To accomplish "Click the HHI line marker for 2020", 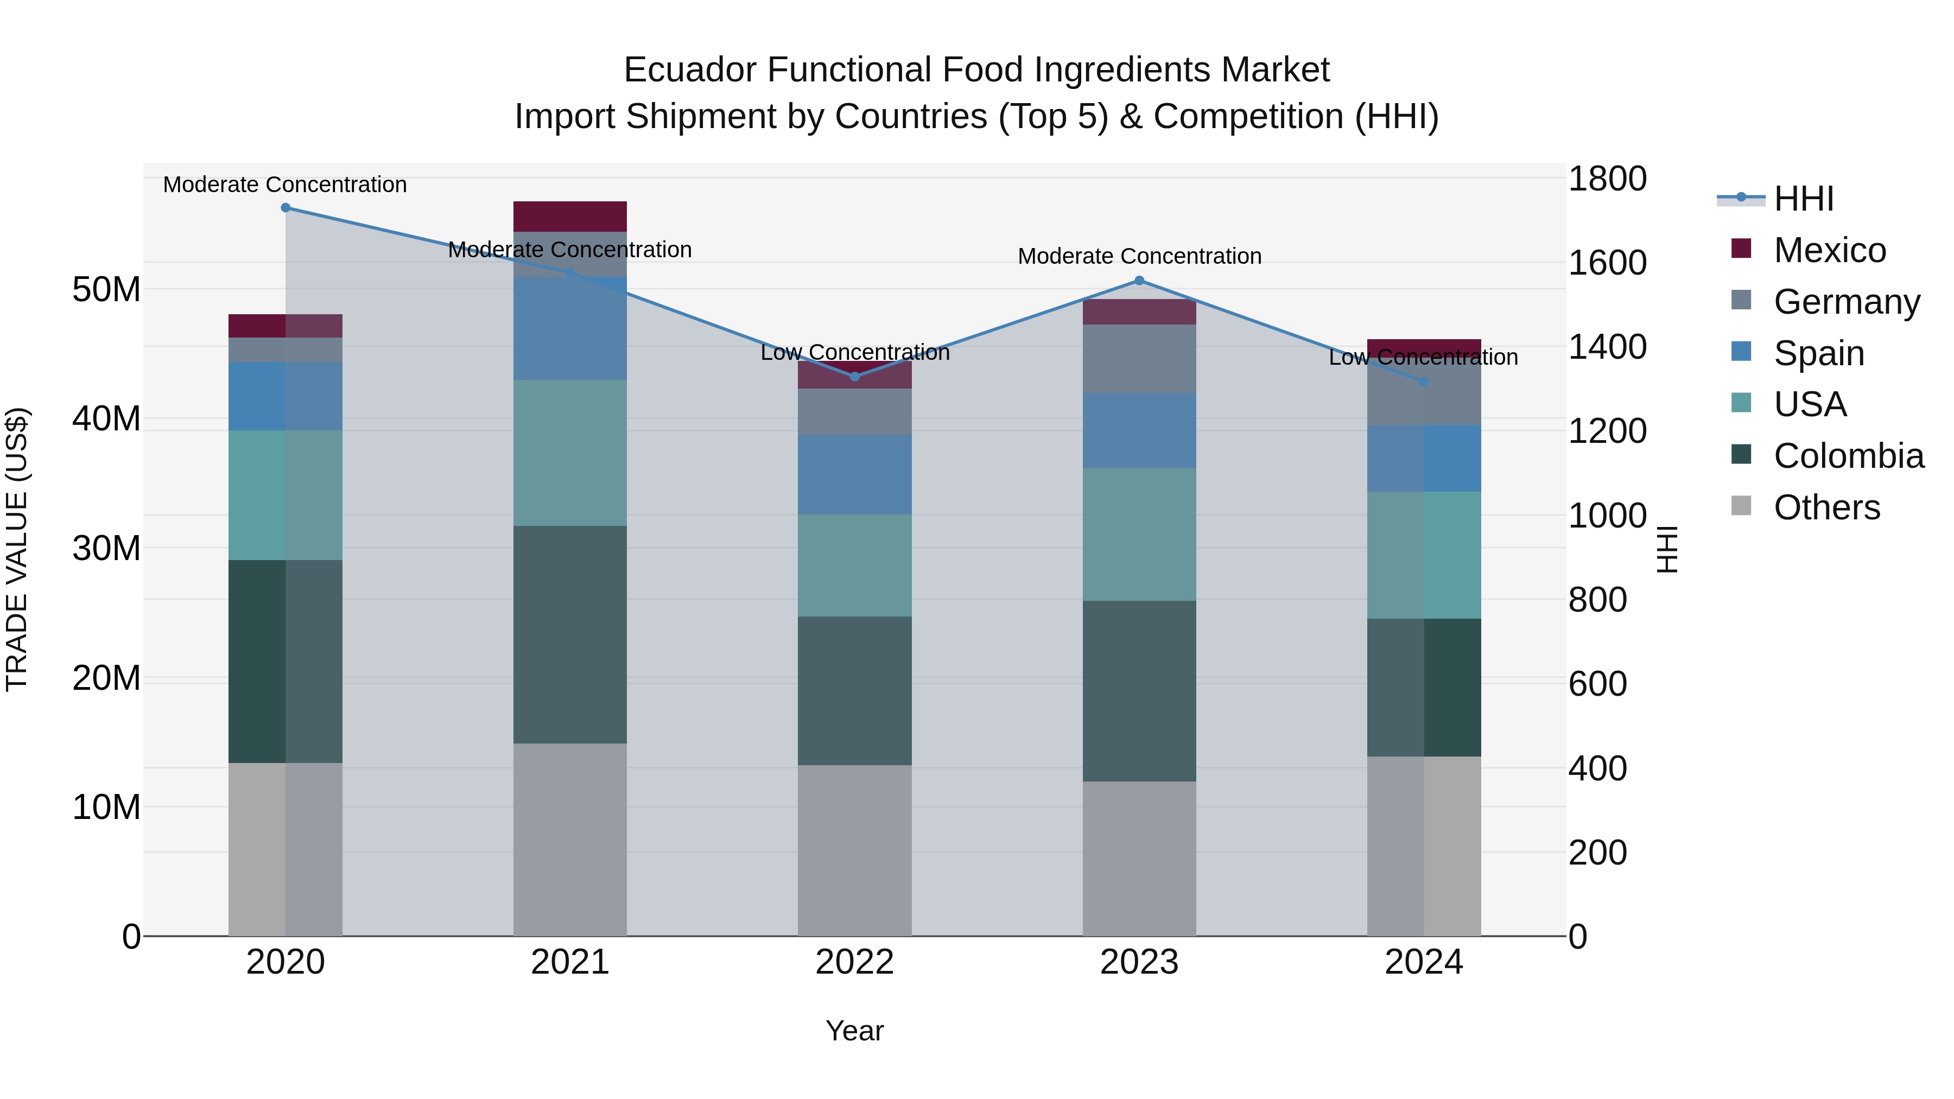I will point(285,208).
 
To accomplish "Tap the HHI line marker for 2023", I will point(1139,281).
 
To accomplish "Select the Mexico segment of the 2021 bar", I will point(570,216).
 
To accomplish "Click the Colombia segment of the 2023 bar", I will point(1139,690).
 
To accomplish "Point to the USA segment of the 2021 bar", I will point(570,453).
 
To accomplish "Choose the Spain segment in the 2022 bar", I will point(854,475).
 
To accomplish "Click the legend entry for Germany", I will point(1847,302).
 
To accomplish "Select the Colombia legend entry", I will point(1848,456).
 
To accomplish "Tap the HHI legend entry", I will point(1803,199).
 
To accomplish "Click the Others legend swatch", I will point(1742,506).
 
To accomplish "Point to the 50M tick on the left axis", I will point(106,289).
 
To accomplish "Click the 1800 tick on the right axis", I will point(1607,179).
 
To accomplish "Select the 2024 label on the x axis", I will point(1423,962).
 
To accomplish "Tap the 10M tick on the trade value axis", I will point(106,807).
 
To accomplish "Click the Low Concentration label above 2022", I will point(854,353).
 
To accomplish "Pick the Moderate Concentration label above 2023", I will point(1139,256).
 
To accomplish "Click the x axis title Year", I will point(854,1031).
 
